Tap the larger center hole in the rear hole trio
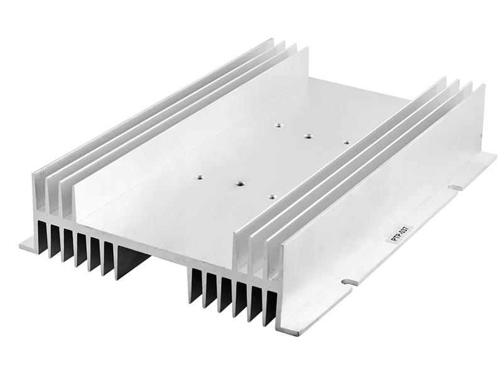coord(308,137)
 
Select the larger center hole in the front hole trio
coord(239,183)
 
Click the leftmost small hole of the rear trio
coord(279,124)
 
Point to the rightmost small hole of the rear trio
coord(346,142)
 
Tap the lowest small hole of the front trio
coord(272,195)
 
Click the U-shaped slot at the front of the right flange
coord(350,282)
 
